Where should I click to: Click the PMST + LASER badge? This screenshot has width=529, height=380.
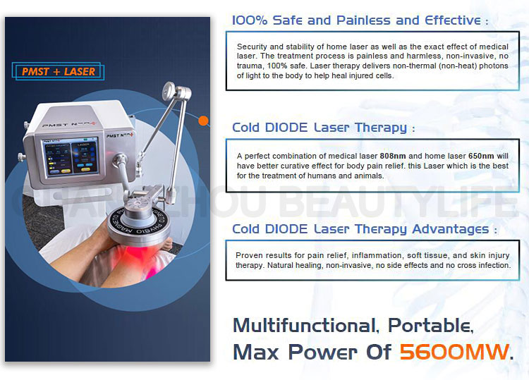(x=59, y=71)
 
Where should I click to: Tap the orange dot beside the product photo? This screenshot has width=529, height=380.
(x=204, y=120)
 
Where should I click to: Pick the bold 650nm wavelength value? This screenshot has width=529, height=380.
(x=473, y=156)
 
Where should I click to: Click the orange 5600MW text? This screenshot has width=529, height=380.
(x=453, y=350)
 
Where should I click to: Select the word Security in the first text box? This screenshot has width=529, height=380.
(x=253, y=46)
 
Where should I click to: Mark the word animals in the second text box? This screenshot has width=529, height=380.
(x=370, y=176)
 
